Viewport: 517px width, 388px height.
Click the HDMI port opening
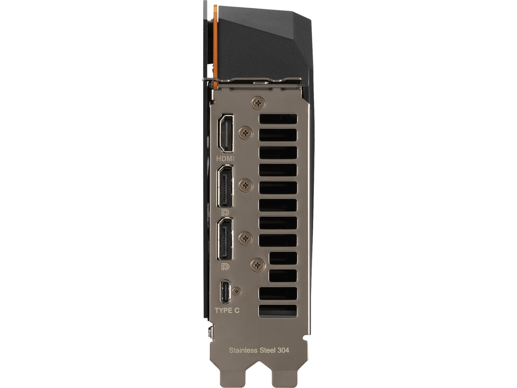point(226,133)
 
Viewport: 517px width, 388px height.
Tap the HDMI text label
point(226,158)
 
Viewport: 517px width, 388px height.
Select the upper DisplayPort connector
point(225,186)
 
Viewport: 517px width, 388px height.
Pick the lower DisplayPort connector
point(225,239)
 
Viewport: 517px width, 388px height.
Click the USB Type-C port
point(226,292)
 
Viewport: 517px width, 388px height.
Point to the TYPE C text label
point(227,310)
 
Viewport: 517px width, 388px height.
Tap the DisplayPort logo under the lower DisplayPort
point(226,266)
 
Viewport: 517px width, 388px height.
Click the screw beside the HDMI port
point(246,133)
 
